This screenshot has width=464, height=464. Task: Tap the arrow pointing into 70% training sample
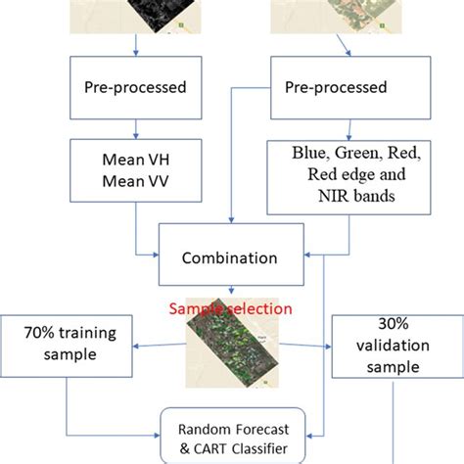[147, 345]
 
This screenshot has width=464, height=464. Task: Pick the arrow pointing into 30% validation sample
[318, 348]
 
